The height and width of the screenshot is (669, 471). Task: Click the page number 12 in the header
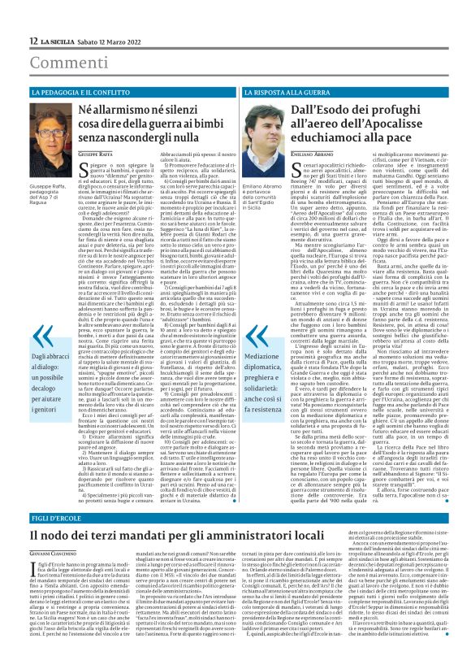(x=32, y=41)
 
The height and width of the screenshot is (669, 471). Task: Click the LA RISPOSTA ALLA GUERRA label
(x=279, y=93)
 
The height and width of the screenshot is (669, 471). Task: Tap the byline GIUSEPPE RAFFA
(x=94, y=176)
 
